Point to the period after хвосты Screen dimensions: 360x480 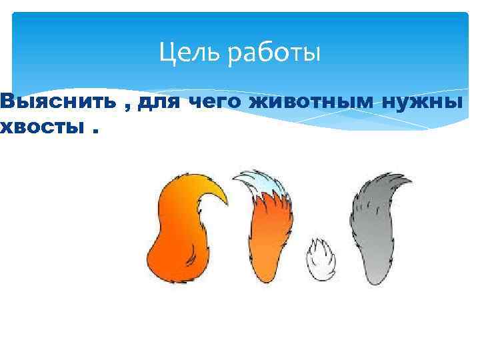(97, 131)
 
